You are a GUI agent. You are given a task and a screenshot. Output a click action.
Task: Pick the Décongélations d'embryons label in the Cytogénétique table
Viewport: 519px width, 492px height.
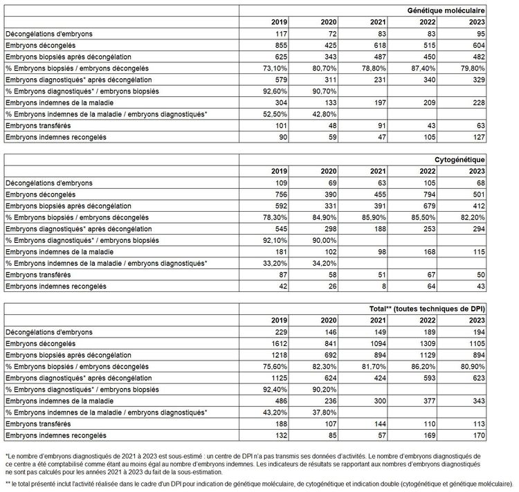tap(49, 183)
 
